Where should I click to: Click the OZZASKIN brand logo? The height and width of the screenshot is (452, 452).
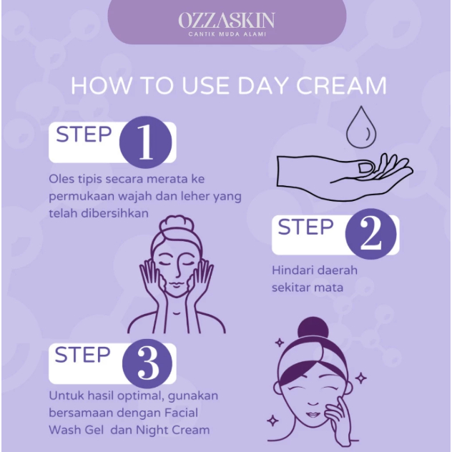pos(227,21)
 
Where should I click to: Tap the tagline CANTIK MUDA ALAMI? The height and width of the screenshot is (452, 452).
pos(227,34)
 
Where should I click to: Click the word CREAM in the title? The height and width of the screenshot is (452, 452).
pos(341,86)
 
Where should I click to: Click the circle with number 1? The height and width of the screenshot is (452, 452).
pos(145,142)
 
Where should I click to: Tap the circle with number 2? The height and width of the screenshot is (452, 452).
pos(370,233)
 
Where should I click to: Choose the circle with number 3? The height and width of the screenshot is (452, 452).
pos(147,364)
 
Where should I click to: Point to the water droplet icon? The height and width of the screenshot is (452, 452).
pos(361,127)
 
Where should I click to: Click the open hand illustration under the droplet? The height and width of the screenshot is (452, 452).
pos(345,177)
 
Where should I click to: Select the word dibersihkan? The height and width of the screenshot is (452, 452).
pos(114,213)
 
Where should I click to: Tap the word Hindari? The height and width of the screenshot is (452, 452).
pos(294,270)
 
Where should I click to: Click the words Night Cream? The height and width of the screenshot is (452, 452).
pos(172,430)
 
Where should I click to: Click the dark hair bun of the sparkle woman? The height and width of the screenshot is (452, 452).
pos(313,330)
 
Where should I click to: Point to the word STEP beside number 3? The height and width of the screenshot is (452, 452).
pos(82,355)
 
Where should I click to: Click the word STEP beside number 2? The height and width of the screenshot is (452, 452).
pos(305,227)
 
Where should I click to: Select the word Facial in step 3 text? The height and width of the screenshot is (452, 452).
pos(182,413)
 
